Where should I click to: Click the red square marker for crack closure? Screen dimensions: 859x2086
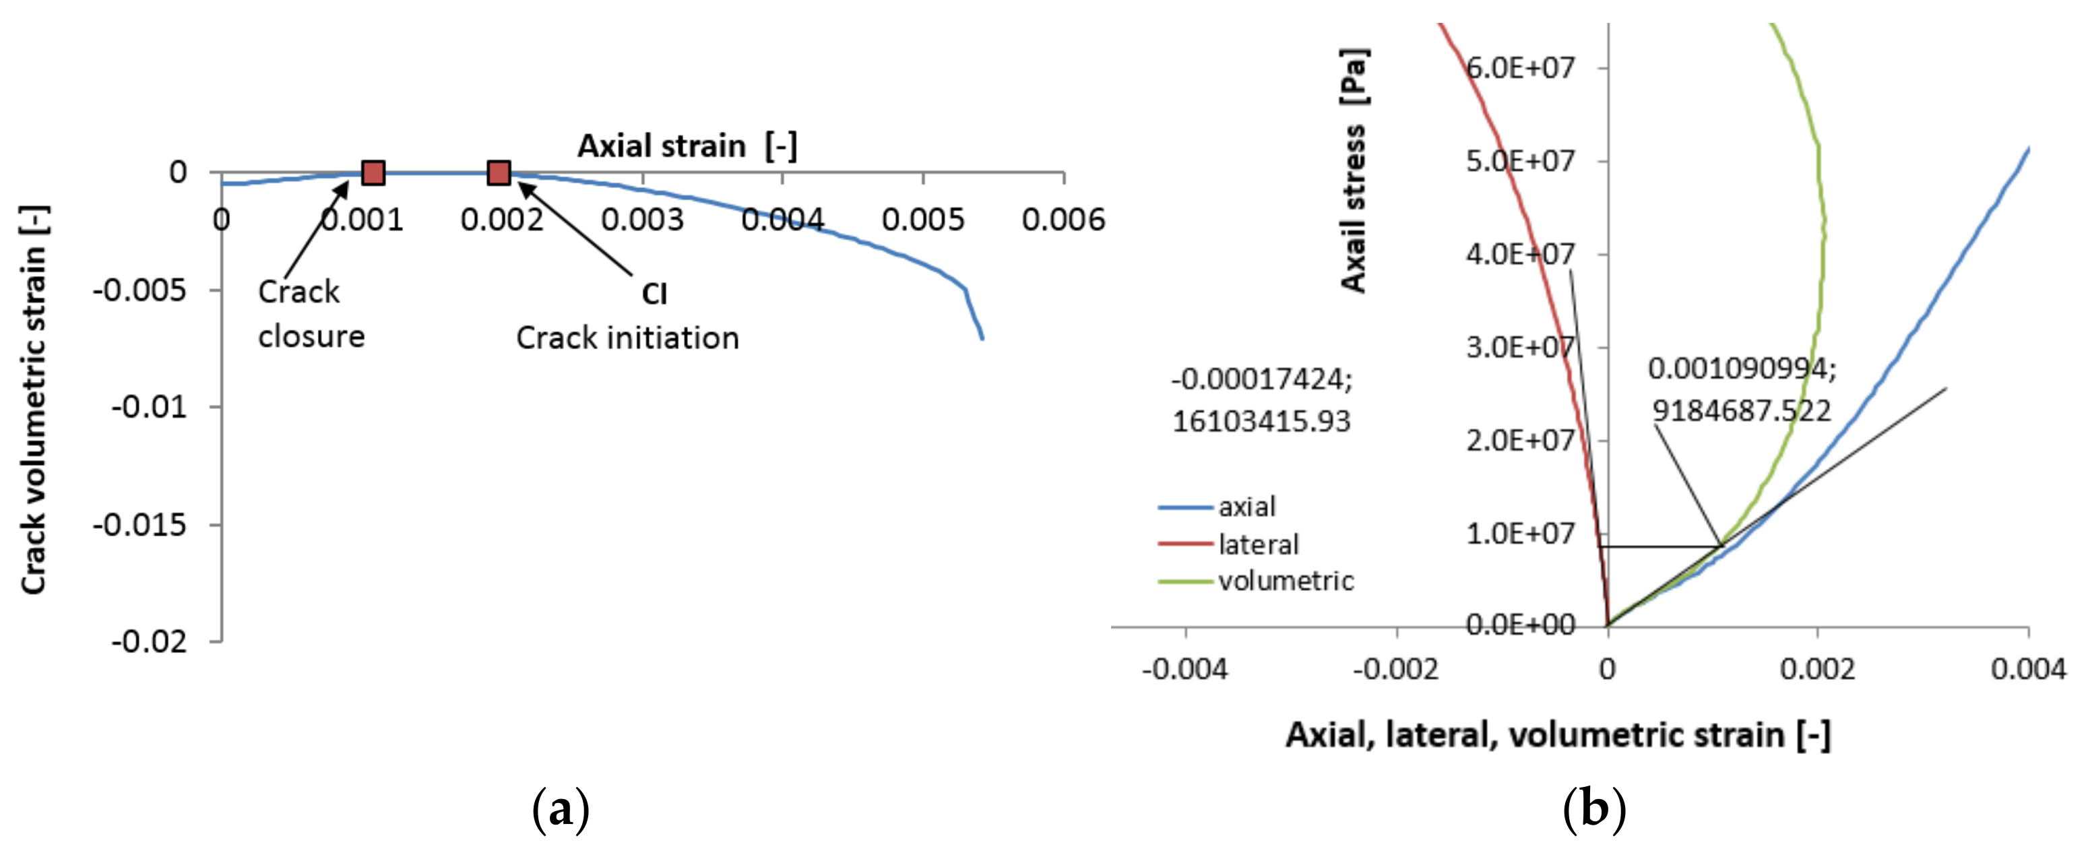pos(373,172)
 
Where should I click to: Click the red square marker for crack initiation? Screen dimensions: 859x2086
pos(499,172)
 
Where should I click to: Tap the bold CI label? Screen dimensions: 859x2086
pos(654,294)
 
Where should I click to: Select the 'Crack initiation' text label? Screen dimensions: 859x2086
pos(627,338)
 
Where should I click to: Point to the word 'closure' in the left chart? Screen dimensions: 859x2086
pos(311,336)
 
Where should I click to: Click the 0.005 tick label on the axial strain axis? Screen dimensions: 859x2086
pos(923,220)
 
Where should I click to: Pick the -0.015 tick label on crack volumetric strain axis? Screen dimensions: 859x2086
pos(140,526)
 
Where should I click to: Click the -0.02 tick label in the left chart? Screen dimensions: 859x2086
pos(149,642)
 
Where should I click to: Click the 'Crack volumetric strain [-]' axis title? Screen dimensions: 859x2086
pos(34,400)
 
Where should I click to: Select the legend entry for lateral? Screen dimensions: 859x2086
pos(1257,544)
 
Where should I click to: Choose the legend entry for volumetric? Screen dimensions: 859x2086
pos(1285,581)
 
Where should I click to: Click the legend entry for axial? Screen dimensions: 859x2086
pos(1246,507)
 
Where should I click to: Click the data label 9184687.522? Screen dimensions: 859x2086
pos(1741,410)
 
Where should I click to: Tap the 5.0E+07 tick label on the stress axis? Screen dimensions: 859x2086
pos(1520,161)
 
